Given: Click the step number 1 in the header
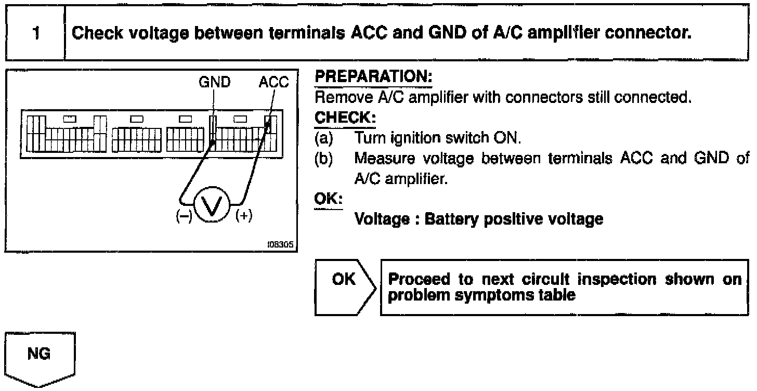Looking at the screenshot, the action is point(36,33).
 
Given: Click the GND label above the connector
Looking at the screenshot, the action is point(215,82).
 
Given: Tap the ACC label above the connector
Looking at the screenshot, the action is point(273,82).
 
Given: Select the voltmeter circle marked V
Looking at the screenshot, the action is point(212,204).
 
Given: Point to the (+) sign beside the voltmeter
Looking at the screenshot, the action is point(244,216).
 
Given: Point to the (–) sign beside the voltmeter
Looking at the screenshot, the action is point(184,216).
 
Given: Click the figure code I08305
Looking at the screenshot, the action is point(281,244).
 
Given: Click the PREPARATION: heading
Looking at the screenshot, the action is point(373,76).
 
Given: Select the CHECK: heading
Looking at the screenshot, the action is point(345,118).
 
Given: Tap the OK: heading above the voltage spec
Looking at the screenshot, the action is point(328,199).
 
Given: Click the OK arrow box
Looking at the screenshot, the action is point(345,288).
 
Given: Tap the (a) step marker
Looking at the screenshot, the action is point(324,138).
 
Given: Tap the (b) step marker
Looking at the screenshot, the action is point(324,159).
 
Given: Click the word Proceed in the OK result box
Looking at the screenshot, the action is point(419,280).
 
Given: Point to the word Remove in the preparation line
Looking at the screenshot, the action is point(344,98).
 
